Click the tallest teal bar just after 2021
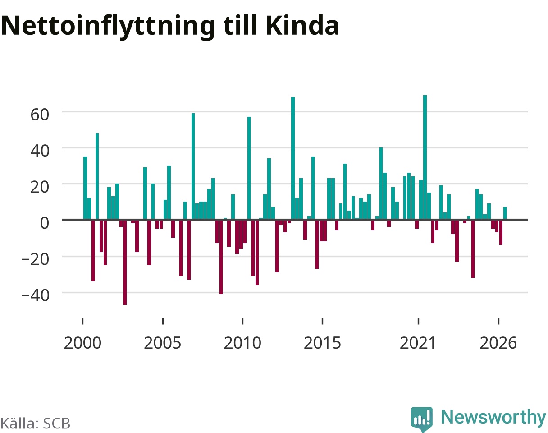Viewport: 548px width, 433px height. click(425, 157)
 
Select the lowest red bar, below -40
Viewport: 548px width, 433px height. click(125, 262)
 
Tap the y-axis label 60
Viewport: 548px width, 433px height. click(40, 115)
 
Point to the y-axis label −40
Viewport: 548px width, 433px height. click(35, 295)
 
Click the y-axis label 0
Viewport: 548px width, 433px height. click(45, 223)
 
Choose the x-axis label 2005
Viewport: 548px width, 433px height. click(163, 343)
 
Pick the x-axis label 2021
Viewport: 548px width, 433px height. click(418, 343)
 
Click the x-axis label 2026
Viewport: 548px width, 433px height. click(498, 343)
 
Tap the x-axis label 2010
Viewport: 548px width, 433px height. click(242, 343)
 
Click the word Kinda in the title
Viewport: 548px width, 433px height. click(302, 26)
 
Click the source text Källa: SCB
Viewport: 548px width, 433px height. click(35, 424)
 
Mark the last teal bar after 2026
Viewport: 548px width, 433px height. click(505, 213)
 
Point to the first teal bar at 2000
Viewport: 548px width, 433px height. click(85, 188)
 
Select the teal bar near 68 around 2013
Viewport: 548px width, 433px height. click(293, 158)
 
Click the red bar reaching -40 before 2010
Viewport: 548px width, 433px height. click(221, 257)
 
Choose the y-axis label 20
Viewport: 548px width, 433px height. click(40, 187)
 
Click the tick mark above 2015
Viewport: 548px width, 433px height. click(322, 321)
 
